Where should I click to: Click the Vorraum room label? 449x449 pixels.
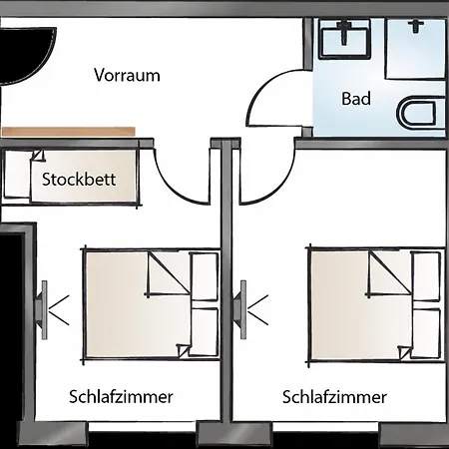coord(127,75)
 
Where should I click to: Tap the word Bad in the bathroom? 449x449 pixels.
coord(356,99)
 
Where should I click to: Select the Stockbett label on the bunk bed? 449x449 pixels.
coord(79,180)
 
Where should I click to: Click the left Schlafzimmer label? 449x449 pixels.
coord(121,397)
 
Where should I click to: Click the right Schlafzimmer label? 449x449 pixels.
coord(334,397)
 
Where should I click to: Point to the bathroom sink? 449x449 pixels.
coord(345,39)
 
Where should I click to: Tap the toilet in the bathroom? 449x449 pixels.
coord(420,112)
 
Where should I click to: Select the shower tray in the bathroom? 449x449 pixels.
coord(415,49)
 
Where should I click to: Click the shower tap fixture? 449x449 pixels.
coord(416,26)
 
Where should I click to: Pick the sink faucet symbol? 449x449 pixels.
coord(344,32)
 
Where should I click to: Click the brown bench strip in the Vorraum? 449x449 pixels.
coord(69,132)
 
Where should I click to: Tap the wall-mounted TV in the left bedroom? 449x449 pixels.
coord(41,310)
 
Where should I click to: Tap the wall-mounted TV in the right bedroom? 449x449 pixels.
coord(240,310)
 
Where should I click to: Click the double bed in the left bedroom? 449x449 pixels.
coord(152,304)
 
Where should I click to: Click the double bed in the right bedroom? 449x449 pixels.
coord(377,304)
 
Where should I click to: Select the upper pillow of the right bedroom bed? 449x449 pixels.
coord(427,276)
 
